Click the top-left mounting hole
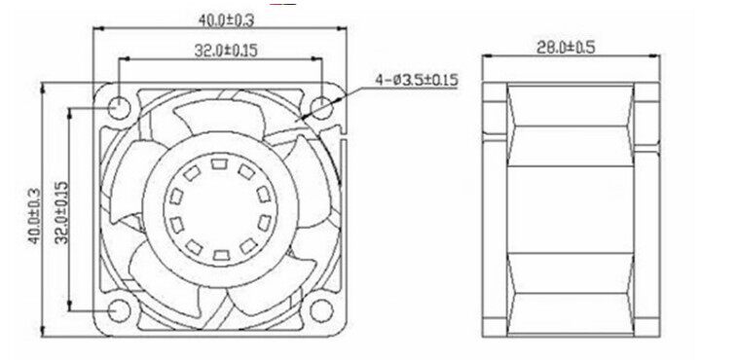click(119, 108)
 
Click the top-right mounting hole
click(322, 108)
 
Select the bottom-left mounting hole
click(119, 310)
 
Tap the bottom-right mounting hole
click(322, 310)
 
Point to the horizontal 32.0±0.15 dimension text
click(226, 51)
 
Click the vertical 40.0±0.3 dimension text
click(34, 216)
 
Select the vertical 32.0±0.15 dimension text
click(61, 212)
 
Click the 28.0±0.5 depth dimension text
click(566, 47)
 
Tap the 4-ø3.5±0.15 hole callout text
click(417, 80)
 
